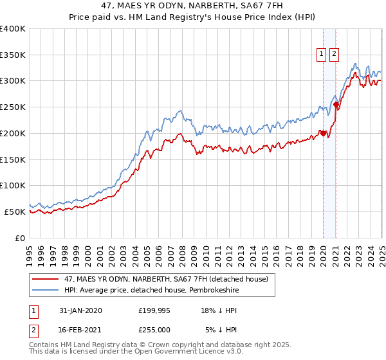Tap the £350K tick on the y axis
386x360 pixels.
click(x=13, y=55)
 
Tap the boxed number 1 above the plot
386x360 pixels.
click(x=321, y=55)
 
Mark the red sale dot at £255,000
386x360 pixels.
click(x=336, y=104)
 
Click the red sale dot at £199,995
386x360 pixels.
click(x=324, y=133)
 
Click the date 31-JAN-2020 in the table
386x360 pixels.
click(x=80, y=310)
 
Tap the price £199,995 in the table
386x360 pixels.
click(x=154, y=310)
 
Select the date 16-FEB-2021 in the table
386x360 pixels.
click(x=80, y=329)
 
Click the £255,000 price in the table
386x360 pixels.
click(x=154, y=329)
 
